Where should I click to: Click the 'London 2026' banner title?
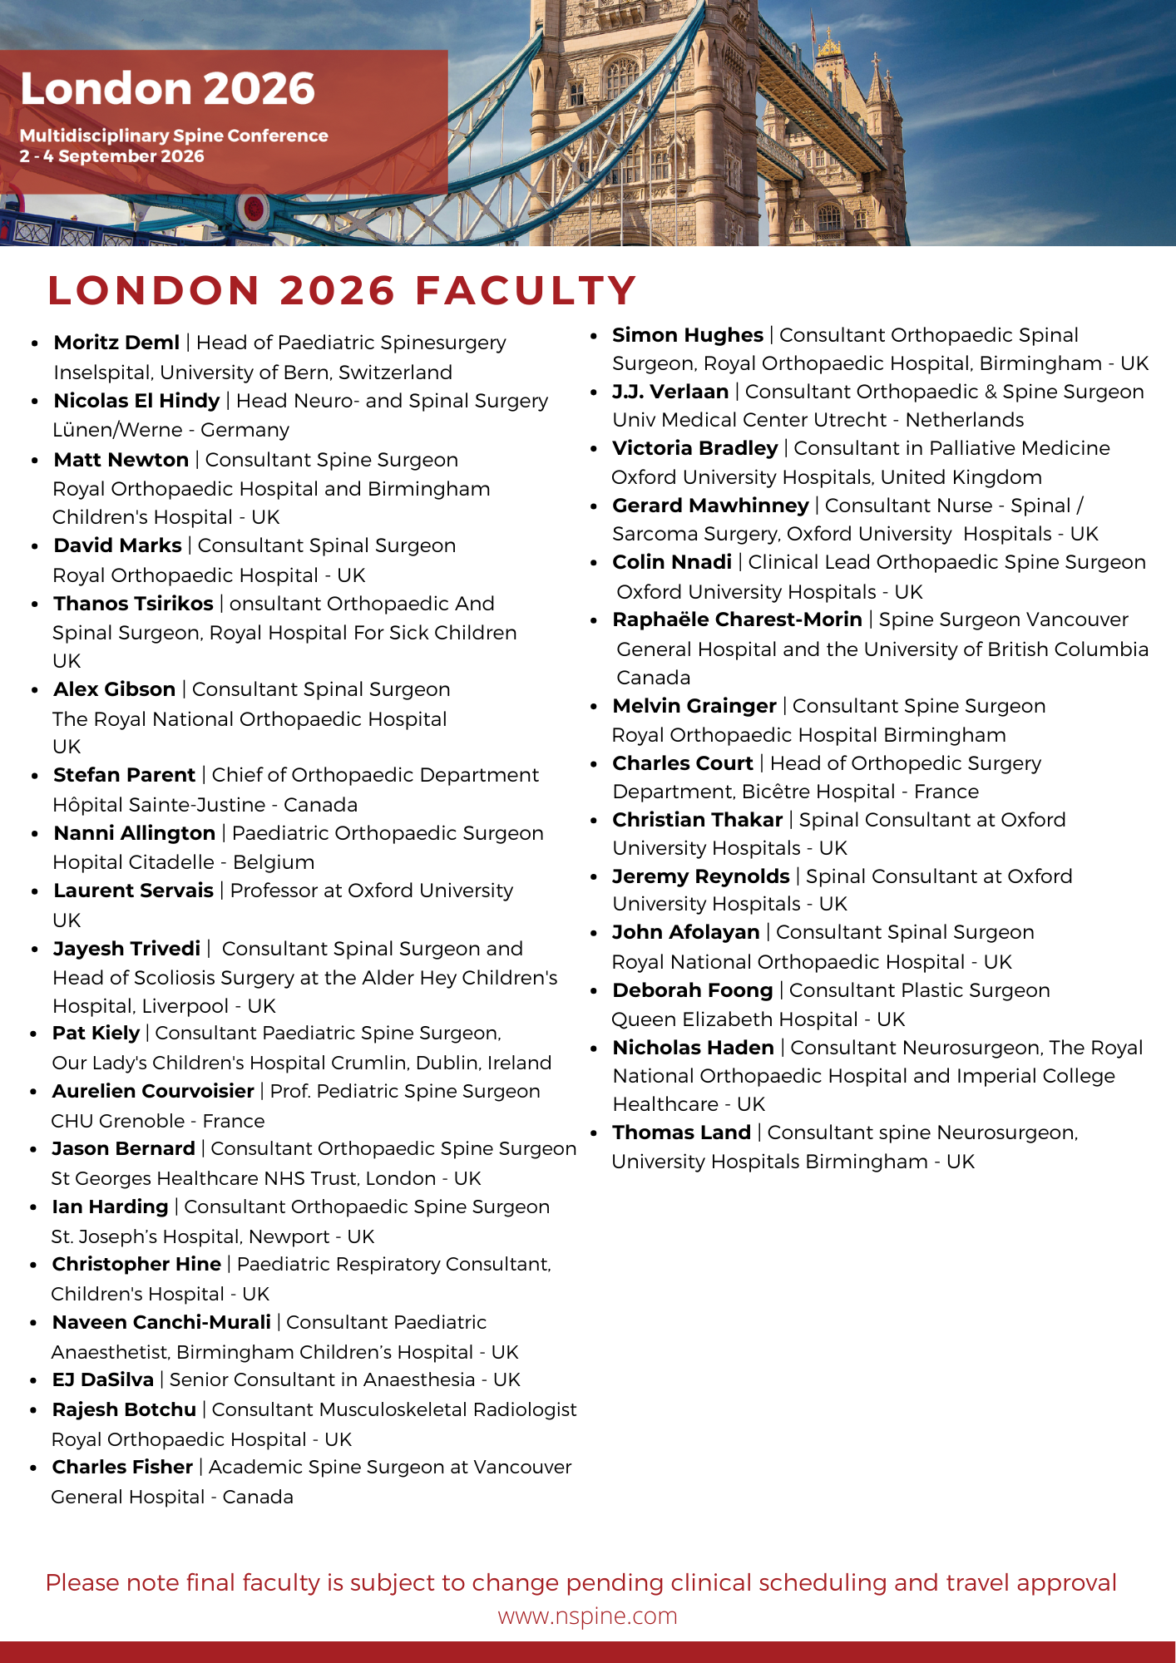point(167,89)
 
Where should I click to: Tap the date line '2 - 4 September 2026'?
point(112,156)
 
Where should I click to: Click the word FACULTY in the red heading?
point(526,290)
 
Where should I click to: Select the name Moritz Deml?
point(116,343)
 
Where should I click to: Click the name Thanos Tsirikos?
point(133,604)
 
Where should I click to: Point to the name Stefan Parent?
point(124,775)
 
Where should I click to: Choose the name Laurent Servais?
point(133,891)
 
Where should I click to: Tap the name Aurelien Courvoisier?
point(153,1091)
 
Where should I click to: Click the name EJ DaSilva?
point(102,1379)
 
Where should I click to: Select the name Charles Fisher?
point(122,1467)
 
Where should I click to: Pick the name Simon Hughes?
point(687,335)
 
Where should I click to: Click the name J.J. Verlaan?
point(670,392)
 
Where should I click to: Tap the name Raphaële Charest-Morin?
point(736,619)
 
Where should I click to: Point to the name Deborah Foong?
point(692,990)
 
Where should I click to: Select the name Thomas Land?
point(681,1133)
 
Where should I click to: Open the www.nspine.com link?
point(587,1616)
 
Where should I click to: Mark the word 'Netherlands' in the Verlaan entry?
point(964,420)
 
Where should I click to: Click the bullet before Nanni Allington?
point(34,834)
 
